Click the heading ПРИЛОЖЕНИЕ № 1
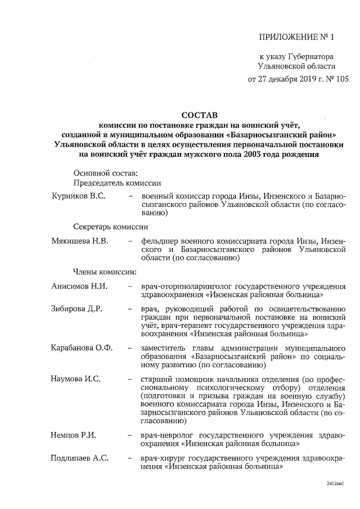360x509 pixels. pos(296,38)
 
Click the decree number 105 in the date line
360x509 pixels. pos(342,79)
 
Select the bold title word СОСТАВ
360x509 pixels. pos(200,115)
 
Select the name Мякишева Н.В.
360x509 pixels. pos(79,240)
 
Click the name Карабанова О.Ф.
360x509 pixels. pos(82,348)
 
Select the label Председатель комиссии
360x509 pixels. pos(117,182)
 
